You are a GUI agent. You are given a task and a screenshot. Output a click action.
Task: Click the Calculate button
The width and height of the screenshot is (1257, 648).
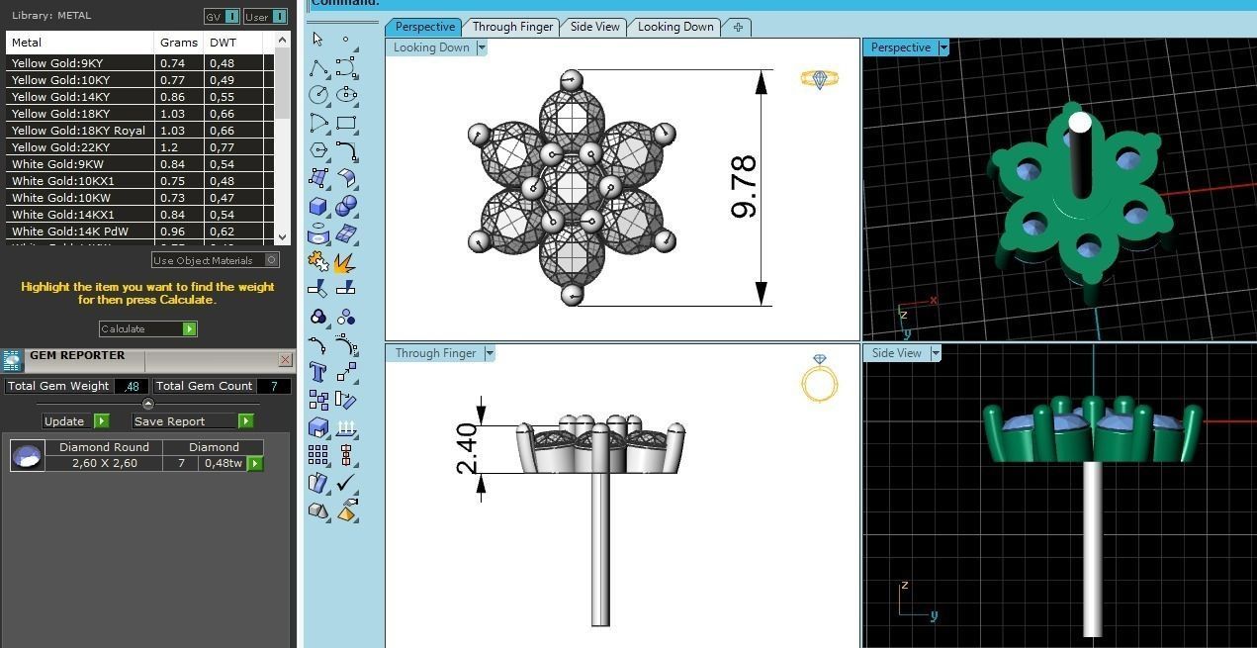(x=147, y=328)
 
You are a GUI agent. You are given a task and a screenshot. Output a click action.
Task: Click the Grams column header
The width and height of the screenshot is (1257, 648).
(x=178, y=43)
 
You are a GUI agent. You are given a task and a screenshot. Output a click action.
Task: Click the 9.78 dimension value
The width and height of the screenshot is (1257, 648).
(x=743, y=186)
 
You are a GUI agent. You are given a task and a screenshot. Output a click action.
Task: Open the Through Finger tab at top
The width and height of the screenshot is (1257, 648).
(x=512, y=27)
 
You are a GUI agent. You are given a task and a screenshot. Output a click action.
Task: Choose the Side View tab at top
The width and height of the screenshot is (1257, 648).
(x=594, y=27)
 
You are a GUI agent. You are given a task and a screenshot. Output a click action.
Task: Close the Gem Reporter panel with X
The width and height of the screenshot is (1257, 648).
(x=285, y=360)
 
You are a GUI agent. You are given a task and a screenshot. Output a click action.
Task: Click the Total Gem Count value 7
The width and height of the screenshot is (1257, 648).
(x=274, y=386)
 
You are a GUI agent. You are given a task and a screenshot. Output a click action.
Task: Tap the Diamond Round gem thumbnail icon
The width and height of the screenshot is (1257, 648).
(x=27, y=455)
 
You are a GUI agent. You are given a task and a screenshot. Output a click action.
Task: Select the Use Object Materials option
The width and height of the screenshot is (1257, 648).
(x=215, y=260)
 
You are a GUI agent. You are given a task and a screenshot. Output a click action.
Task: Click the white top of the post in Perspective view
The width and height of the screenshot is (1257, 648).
(x=1080, y=123)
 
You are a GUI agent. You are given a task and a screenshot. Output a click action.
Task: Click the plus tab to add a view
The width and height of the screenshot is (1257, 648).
(x=738, y=27)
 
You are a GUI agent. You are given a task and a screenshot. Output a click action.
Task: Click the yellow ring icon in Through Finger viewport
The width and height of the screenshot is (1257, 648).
(x=820, y=378)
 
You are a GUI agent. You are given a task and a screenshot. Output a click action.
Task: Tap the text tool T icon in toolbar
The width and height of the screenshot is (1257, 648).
(x=318, y=372)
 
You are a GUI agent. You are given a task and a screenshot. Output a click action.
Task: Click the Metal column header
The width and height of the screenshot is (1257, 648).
(x=27, y=43)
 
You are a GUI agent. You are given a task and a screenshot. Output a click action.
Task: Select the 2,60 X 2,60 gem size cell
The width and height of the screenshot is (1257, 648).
(x=104, y=463)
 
